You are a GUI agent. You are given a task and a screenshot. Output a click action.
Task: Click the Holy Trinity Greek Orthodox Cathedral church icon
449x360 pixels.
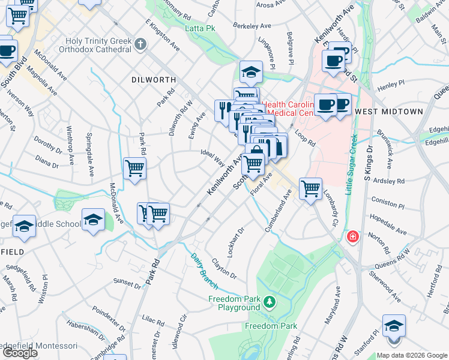pyautogui.click(x=140, y=44)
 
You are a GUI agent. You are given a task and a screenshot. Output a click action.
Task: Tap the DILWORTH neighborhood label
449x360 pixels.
pyautogui.click(x=154, y=79)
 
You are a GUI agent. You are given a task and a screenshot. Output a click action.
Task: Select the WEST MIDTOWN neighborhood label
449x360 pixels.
pyautogui.click(x=389, y=112)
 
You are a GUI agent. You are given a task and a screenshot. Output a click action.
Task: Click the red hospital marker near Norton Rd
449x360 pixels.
pyautogui.click(x=352, y=237)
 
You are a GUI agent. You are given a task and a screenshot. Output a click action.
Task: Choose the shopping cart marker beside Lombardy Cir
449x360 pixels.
pyautogui.click(x=310, y=190)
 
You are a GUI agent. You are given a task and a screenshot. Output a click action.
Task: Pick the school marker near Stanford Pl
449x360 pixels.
pyautogui.click(x=394, y=327)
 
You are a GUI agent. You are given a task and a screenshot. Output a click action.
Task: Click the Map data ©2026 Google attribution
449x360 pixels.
pyautogui.click(x=412, y=355)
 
